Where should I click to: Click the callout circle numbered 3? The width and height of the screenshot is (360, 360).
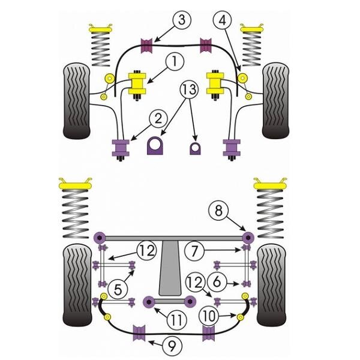[x=181, y=20]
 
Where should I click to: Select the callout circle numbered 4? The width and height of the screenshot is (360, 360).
[x=222, y=20]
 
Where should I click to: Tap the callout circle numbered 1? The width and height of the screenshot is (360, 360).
[x=174, y=62]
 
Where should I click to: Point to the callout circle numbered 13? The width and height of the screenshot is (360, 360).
[x=190, y=89]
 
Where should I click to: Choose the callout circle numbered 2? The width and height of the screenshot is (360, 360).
[x=158, y=119]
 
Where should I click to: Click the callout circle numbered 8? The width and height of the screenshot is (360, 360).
[x=218, y=211]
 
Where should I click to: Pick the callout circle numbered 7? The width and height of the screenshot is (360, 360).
[x=194, y=251]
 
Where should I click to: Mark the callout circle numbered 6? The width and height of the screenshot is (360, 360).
[x=217, y=282]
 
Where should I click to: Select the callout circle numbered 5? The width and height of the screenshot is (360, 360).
[x=118, y=290]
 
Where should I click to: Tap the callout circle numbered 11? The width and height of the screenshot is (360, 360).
[x=176, y=320]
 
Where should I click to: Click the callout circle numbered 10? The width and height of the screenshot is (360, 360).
[x=208, y=316]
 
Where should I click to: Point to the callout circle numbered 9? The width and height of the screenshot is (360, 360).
[x=172, y=346]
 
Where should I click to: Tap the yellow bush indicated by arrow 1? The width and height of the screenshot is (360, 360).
[x=137, y=83]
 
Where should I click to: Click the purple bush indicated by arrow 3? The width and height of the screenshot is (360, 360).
[x=146, y=46]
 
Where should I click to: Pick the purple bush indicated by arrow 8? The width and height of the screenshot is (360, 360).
[x=248, y=238]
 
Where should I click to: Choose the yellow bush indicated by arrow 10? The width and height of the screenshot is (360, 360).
[x=240, y=317]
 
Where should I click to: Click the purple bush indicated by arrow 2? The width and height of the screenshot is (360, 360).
[x=121, y=148]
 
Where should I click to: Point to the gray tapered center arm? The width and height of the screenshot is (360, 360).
[x=170, y=268]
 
